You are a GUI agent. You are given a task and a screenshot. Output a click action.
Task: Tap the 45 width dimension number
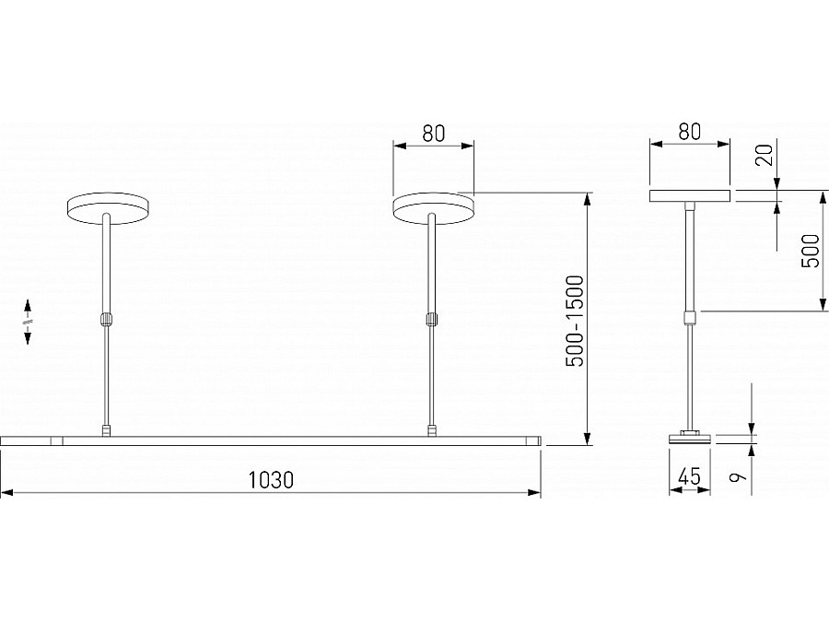tap(689, 477)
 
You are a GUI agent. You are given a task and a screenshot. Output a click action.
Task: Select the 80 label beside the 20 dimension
tap(689, 131)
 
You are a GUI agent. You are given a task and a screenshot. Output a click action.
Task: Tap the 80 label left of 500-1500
tap(433, 132)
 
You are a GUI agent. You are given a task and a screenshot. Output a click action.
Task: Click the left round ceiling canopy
tap(108, 207)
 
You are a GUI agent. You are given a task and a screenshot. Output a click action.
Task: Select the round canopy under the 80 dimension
tap(433, 207)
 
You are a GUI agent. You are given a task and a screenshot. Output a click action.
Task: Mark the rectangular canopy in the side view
tap(690, 195)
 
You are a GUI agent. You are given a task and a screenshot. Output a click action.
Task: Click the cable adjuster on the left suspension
tap(107, 320)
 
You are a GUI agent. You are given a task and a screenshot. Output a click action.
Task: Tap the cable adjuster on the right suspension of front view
tap(430, 320)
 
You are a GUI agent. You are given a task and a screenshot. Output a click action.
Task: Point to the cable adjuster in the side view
tap(689, 318)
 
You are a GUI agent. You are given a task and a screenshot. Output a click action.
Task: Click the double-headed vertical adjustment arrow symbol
tap(28, 322)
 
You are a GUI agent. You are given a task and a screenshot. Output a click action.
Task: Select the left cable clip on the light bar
tap(107, 429)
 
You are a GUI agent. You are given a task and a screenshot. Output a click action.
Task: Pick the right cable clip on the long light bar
tap(430, 429)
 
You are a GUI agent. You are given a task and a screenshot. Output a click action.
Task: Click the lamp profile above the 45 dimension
tap(689, 438)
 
